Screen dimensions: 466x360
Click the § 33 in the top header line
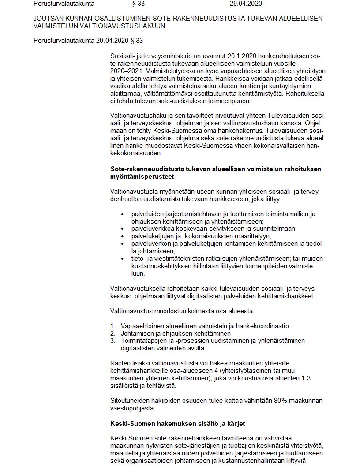point(138,4)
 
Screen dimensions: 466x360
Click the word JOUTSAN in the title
point(47,19)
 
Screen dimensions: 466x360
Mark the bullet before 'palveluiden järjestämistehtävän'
point(123,214)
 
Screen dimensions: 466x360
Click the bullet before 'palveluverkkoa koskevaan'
point(123,229)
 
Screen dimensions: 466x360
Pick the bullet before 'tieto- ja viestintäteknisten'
point(123,258)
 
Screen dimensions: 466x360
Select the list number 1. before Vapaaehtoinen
point(113,326)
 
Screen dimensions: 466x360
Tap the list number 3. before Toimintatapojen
point(113,341)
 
